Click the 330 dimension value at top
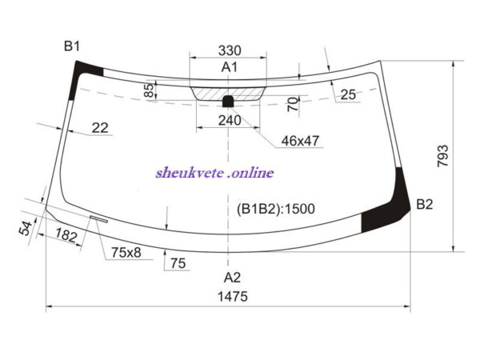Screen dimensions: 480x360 (x=230, y=50)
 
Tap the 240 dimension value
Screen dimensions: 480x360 (x=230, y=121)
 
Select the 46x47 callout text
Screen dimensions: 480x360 (x=300, y=141)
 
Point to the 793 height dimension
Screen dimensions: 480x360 (x=442, y=156)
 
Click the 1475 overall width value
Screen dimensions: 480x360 (x=233, y=297)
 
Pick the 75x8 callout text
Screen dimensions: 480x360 (x=126, y=253)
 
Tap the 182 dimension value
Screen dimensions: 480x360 (x=66, y=235)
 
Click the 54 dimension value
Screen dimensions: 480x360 (x=26, y=228)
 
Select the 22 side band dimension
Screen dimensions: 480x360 (x=100, y=128)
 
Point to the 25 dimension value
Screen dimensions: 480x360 (x=348, y=94)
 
